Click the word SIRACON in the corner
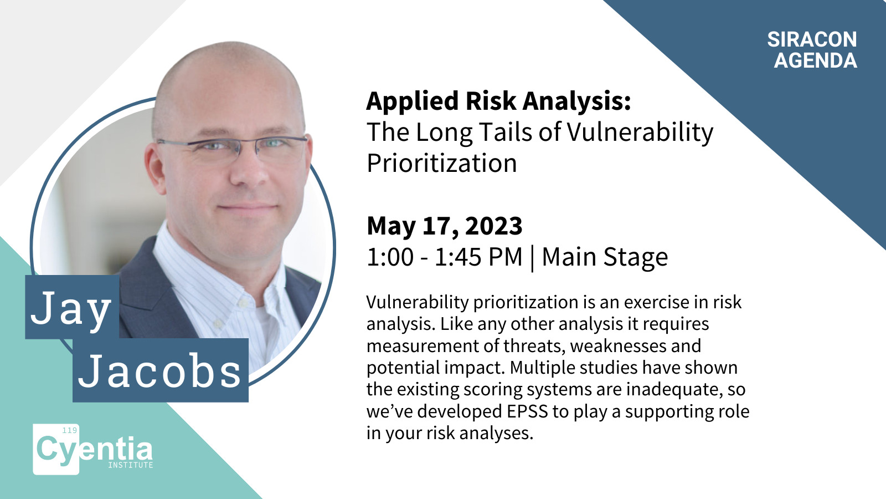812,39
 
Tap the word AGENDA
816,60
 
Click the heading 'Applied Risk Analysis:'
498,102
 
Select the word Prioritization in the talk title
442,163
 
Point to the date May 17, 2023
445,226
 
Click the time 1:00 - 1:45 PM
445,257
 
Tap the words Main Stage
605,258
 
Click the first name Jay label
71,307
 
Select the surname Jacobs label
161,370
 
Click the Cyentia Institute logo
93,450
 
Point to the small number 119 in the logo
70,430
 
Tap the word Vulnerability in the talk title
640,132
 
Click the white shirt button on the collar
241,303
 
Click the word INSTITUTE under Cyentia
131,465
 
